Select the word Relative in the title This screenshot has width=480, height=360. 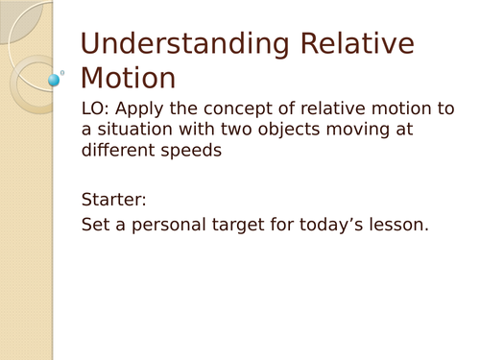[358, 44]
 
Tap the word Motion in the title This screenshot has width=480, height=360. [128, 78]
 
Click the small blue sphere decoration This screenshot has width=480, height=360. [55, 79]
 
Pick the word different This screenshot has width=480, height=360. [119, 151]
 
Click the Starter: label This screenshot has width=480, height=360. [112, 200]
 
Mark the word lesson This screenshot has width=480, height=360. [394, 226]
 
